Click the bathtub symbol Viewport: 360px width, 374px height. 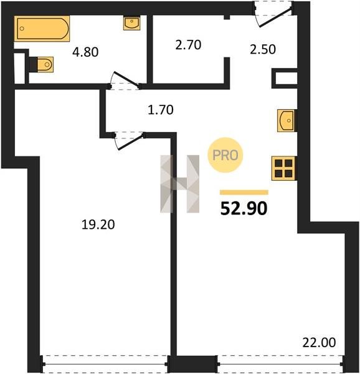[42, 29]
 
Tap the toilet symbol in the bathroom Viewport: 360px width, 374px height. [42, 64]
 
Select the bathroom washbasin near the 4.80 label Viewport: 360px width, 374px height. [131, 23]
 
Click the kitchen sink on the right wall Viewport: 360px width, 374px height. [286, 120]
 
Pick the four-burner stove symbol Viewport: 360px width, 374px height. [283, 168]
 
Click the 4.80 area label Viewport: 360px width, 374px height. [85, 52]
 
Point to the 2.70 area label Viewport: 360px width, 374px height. [188, 45]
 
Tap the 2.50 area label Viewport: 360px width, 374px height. [263, 49]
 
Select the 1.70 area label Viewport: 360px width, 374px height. [161, 110]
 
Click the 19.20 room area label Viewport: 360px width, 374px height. [98, 224]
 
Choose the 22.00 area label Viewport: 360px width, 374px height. [319, 342]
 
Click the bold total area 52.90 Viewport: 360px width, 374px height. [244, 208]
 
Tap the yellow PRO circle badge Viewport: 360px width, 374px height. [225, 155]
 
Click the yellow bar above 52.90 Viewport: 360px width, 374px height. [244, 192]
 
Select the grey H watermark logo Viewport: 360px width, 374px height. [179, 184]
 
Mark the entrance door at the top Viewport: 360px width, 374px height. [273, 14]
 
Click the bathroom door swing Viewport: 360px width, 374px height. [125, 80]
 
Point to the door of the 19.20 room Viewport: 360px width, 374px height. [129, 141]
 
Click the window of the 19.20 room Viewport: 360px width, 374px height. [105, 364]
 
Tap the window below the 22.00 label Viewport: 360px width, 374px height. [280, 364]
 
